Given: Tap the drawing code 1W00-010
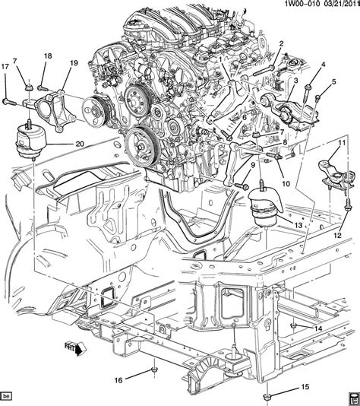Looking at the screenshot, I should coord(295,7).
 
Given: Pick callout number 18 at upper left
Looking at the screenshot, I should coord(48,56).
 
